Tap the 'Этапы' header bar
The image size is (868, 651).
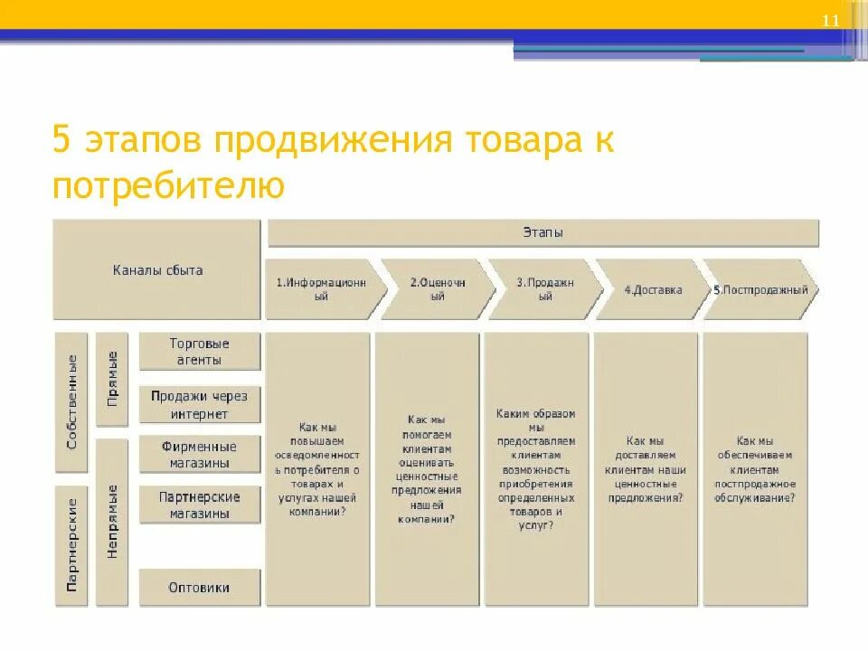click(542, 232)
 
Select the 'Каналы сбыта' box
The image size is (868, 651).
click(157, 269)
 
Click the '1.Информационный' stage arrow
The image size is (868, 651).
click(322, 289)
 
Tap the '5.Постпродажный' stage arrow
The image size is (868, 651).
click(759, 290)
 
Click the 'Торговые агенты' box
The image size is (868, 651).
click(200, 352)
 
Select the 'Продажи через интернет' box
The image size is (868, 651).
click(200, 405)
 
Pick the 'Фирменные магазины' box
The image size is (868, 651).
click(200, 455)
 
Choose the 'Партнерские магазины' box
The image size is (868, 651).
click(200, 505)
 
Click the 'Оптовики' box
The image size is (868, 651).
click(200, 588)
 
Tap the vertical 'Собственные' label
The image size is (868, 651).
click(72, 401)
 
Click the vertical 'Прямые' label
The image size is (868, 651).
click(112, 378)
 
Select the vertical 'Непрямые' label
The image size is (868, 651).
click(112, 522)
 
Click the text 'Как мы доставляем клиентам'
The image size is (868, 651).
click(646, 457)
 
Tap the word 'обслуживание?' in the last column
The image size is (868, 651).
click(755, 497)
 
